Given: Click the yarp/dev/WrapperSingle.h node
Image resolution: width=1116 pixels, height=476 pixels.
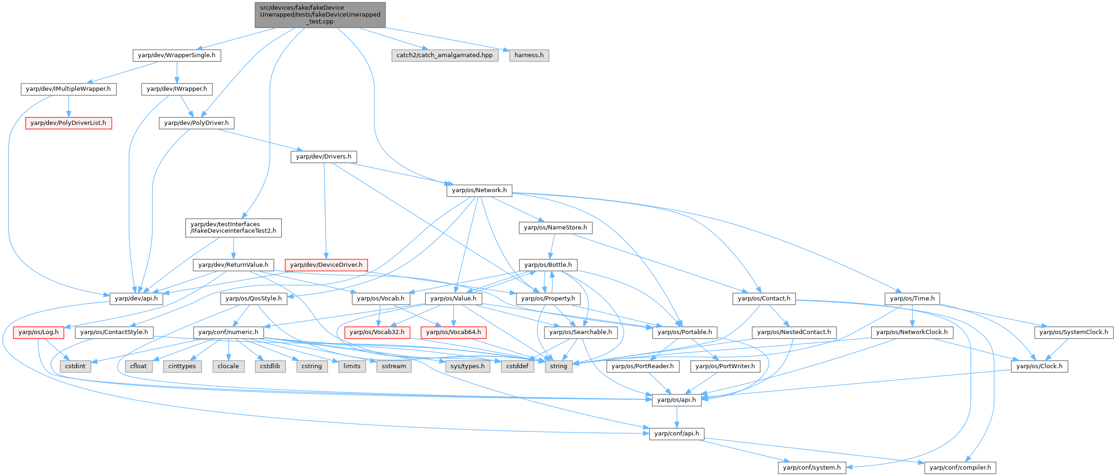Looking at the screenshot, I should pos(177,55).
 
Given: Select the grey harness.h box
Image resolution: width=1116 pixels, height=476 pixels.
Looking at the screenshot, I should pos(529,55).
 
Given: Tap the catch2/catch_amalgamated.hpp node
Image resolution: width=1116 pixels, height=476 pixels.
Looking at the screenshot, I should pos(445,55).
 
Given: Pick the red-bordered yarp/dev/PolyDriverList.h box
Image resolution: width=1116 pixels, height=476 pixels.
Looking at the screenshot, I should pos(68,123).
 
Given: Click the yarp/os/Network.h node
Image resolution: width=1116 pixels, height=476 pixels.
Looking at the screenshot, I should pos(479,190).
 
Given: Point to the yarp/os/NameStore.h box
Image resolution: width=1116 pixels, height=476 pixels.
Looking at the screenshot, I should pos(555,228).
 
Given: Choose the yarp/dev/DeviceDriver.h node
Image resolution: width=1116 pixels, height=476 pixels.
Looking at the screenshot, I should pos(326,265).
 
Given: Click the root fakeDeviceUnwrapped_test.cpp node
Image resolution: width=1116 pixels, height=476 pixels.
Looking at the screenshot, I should pos(320,15).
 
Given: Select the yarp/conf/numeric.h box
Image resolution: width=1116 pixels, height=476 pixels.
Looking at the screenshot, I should pos(228,332).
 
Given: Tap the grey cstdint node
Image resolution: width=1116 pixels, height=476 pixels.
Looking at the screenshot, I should pos(75,366).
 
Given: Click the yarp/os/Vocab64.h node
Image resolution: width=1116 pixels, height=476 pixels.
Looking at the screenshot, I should pos(453,332).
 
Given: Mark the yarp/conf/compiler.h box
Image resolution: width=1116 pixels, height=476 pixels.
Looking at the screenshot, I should pos(960,468).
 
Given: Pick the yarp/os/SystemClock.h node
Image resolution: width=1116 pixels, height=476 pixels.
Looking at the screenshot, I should pos(1074,332).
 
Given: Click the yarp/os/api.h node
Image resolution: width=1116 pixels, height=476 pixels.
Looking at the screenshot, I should pos(677,400).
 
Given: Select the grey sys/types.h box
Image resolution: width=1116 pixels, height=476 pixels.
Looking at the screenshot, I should pos(468,366).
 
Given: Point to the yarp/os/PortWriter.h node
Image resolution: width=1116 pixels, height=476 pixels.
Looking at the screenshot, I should pos(725,366).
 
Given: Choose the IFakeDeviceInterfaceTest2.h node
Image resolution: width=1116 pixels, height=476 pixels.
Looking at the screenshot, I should pos(233,228).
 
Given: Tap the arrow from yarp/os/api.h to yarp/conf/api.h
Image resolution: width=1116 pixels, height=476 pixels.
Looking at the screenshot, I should pos(677,417).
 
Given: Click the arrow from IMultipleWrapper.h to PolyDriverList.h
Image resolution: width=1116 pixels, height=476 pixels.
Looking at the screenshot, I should pos(68,106).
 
